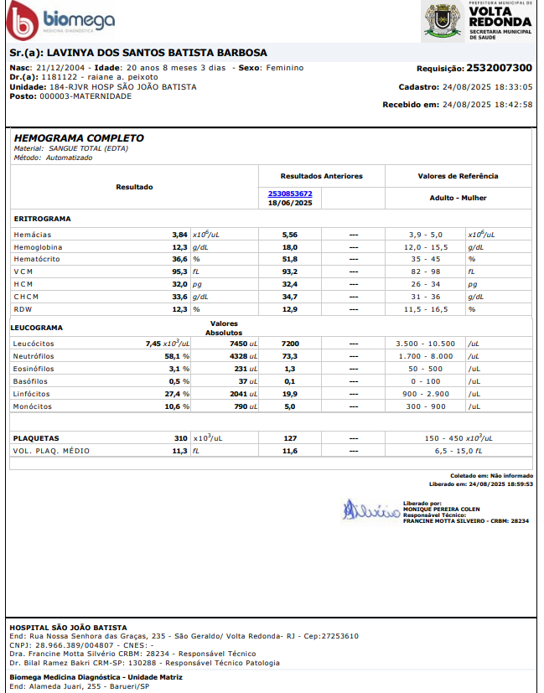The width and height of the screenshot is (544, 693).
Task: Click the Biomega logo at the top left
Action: (x=60, y=20)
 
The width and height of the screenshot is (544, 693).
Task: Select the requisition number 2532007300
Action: (x=499, y=68)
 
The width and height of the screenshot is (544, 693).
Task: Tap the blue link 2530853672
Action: (x=290, y=194)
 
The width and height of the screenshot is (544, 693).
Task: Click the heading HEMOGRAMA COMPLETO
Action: (x=79, y=138)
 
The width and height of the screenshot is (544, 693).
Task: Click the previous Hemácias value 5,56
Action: (x=290, y=235)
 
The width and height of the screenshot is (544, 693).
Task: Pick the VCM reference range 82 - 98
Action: (x=425, y=272)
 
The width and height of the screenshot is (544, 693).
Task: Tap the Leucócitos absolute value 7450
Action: (x=242, y=344)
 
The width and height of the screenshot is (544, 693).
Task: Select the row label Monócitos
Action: (x=32, y=406)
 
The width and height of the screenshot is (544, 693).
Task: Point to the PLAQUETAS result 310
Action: (x=180, y=438)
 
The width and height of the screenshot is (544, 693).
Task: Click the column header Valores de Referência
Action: (x=458, y=176)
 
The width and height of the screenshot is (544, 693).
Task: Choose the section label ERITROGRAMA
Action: (x=42, y=219)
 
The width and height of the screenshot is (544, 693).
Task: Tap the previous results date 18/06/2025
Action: (x=290, y=203)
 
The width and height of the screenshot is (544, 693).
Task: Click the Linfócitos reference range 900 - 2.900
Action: (x=425, y=394)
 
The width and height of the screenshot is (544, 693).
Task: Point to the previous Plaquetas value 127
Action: (x=290, y=438)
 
